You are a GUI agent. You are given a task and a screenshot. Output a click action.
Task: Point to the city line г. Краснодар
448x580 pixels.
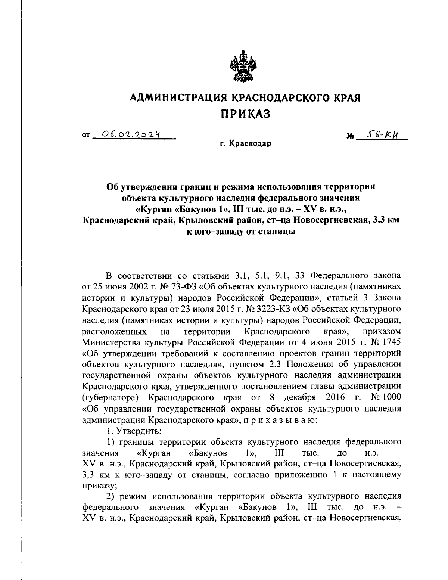(x=245, y=144)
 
